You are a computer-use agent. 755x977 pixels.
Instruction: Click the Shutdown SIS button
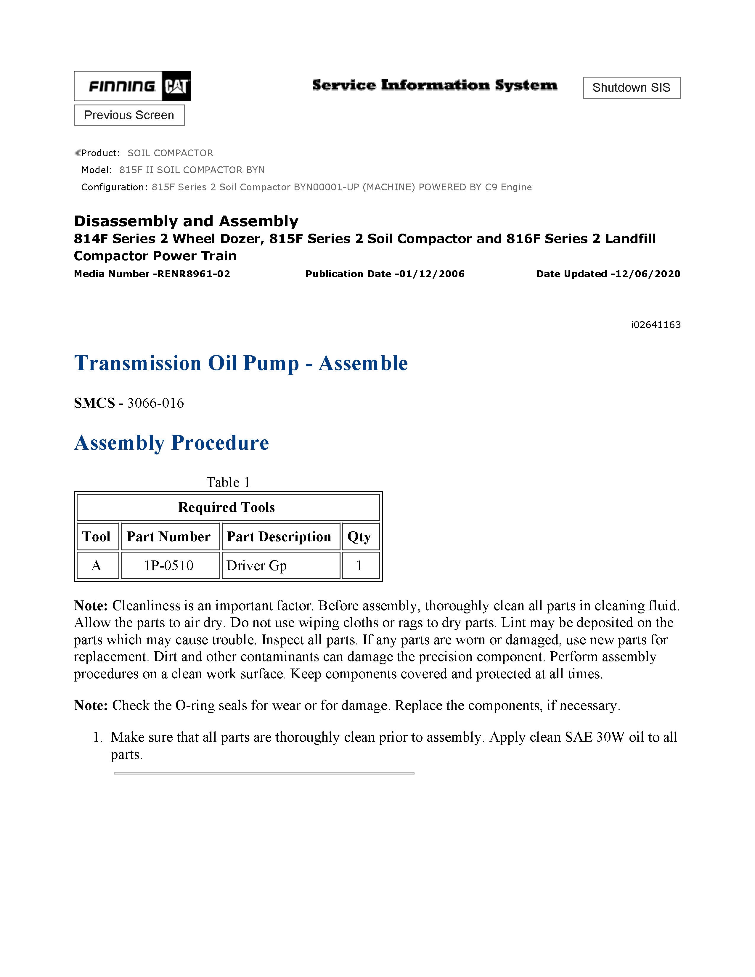[x=631, y=88]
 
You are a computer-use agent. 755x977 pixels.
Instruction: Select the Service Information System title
[x=434, y=85]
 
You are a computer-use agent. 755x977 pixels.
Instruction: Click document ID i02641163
[x=656, y=325]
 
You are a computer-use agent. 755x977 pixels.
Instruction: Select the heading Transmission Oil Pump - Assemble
[x=241, y=363]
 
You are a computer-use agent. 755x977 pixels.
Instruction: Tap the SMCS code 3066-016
[x=155, y=403]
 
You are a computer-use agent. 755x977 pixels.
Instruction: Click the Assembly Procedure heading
[x=171, y=443]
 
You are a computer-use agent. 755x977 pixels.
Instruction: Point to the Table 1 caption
[x=228, y=482]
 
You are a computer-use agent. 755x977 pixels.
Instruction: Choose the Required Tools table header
[x=226, y=507]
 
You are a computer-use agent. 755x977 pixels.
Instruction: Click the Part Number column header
[x=169, y=536]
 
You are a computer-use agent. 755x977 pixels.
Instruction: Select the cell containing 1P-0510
[x=169, y=565]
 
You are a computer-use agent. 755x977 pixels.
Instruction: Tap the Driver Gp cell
[x=256, y=565]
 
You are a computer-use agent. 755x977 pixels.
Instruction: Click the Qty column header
[x=359, y=536]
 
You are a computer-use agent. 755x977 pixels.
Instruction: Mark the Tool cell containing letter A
[x=96, y=565]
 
